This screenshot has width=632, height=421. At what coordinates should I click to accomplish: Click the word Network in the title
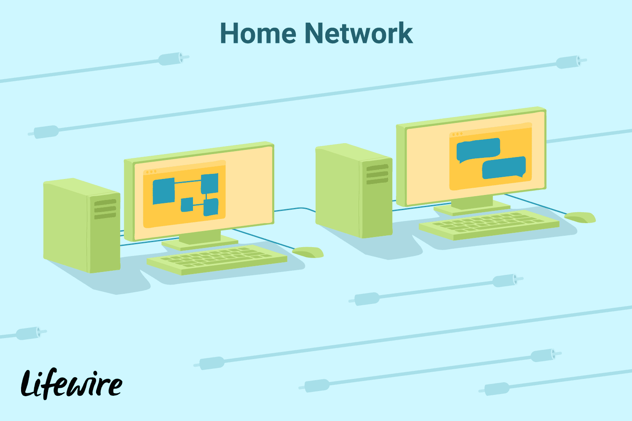[359, 33]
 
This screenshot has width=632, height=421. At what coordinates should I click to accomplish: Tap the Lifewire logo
[72, 384]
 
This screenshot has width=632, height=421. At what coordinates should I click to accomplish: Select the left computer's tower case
[82, 226]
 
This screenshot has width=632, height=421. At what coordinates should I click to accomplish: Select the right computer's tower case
[354, 191]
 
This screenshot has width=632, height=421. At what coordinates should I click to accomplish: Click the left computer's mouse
[308, 252]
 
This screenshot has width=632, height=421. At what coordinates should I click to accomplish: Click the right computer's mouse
[580, 217]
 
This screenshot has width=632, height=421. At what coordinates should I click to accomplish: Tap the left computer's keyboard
[217, 259]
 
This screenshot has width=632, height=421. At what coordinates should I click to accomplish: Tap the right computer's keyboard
[489, 225]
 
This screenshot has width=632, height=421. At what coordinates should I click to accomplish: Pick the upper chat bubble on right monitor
[478, 150]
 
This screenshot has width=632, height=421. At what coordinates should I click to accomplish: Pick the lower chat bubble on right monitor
[504, 168]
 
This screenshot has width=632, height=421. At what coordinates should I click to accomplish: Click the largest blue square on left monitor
[163, 191]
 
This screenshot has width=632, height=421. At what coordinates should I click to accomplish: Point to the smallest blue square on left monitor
[187, 205]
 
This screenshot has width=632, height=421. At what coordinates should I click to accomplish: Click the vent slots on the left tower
[105, 209]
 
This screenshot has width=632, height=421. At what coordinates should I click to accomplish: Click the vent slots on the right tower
[378, 174]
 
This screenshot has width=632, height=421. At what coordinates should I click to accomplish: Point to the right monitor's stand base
[472, 208]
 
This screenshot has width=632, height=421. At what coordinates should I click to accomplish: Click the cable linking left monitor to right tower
[295, 209]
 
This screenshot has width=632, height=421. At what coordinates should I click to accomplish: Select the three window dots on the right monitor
[457, 134]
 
